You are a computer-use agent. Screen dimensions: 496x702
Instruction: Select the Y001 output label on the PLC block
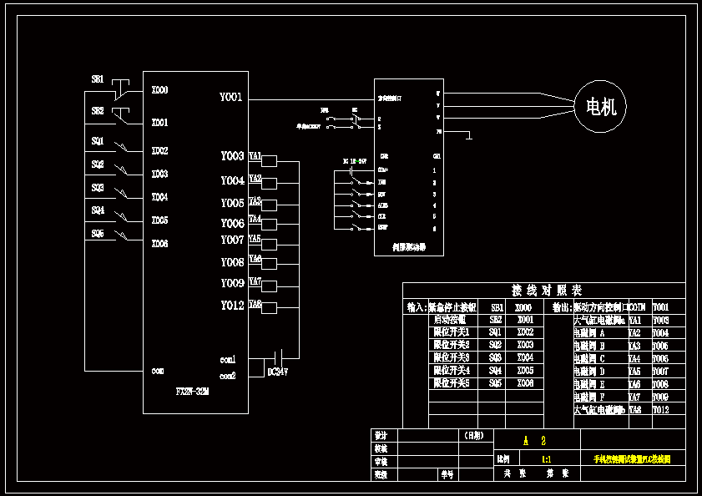click(231, 98)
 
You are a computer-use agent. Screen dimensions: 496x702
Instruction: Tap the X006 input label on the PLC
click(159, 244)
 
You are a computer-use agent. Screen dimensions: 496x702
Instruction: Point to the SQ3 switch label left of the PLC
click(98, 188)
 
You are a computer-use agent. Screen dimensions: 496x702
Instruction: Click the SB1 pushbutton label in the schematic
click(98, 79)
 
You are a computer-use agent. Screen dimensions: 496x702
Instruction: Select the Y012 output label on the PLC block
click(232, 306)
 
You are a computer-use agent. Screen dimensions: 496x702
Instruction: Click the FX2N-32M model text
click(192, 391)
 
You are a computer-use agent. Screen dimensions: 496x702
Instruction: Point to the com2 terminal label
click(228, 376)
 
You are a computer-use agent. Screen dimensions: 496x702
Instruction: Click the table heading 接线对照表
click(547, 291)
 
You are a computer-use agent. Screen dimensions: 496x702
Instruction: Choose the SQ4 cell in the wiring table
click(496, 370)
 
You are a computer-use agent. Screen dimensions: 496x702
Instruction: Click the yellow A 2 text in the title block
click(534, 440)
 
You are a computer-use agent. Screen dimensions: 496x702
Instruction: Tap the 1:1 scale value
click(546, 459)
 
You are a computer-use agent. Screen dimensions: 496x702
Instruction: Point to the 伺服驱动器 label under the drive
click(409, 247)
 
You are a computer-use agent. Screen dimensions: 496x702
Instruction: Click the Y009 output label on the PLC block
click(232, 283)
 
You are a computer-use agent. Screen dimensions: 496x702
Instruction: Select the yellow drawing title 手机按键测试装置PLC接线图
click(632, 459)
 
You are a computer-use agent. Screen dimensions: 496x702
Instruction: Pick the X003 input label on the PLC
click(159, 175)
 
